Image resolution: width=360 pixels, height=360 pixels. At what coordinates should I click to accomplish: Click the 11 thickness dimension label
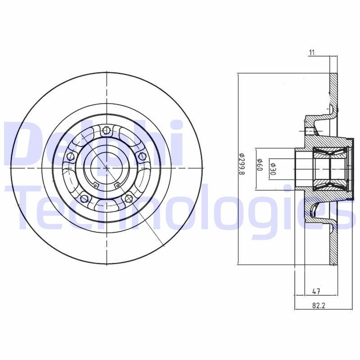point(311,53)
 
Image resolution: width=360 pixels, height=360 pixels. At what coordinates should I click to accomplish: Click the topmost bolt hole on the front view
point(106,131)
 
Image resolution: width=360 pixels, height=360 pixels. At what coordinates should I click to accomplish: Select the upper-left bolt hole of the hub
point(70,157)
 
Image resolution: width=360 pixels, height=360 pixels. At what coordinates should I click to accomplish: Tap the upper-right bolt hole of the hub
point(143,156)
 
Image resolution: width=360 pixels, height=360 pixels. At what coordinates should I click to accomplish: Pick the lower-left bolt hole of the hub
point(83,198)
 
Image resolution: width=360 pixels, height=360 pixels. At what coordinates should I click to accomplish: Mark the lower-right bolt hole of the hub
point(129,198)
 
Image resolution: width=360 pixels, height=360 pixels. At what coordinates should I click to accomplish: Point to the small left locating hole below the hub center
point(95,184)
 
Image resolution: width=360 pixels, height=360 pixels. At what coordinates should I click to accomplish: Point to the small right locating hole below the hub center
point(117,184)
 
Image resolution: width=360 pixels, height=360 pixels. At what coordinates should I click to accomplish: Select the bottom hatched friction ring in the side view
point(333,245)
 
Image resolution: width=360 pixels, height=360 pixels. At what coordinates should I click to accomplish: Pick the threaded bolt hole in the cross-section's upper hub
point(309,131)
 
